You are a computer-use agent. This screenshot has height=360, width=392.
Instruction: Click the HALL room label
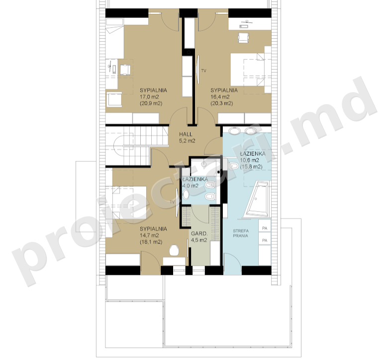186,134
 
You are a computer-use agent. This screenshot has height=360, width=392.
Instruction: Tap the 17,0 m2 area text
150,97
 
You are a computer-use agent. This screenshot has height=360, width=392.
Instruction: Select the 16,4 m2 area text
220,97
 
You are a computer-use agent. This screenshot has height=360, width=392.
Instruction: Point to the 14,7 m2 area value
150,235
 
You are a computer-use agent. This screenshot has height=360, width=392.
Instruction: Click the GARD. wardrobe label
199,234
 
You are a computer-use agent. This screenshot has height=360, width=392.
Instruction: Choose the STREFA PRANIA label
240,233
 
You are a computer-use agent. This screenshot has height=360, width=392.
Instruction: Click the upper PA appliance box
265,228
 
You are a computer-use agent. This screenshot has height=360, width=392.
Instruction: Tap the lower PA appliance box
265,240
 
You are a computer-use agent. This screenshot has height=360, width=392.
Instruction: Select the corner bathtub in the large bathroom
258,198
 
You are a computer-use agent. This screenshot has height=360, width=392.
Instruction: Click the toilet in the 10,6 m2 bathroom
234,166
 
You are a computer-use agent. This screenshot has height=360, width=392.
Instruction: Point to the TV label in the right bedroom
204,71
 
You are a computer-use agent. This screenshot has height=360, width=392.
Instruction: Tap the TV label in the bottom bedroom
172,202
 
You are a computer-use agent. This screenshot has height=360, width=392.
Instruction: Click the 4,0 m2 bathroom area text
190,186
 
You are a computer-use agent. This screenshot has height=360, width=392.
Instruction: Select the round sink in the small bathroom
186,194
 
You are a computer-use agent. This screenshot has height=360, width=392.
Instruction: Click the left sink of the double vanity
235,130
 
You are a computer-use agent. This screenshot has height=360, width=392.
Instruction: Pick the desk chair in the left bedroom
125,70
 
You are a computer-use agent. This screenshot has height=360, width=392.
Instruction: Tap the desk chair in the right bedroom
243,38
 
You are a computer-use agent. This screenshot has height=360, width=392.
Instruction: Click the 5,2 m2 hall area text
187,141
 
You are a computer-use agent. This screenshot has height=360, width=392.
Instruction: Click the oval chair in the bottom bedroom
174,250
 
